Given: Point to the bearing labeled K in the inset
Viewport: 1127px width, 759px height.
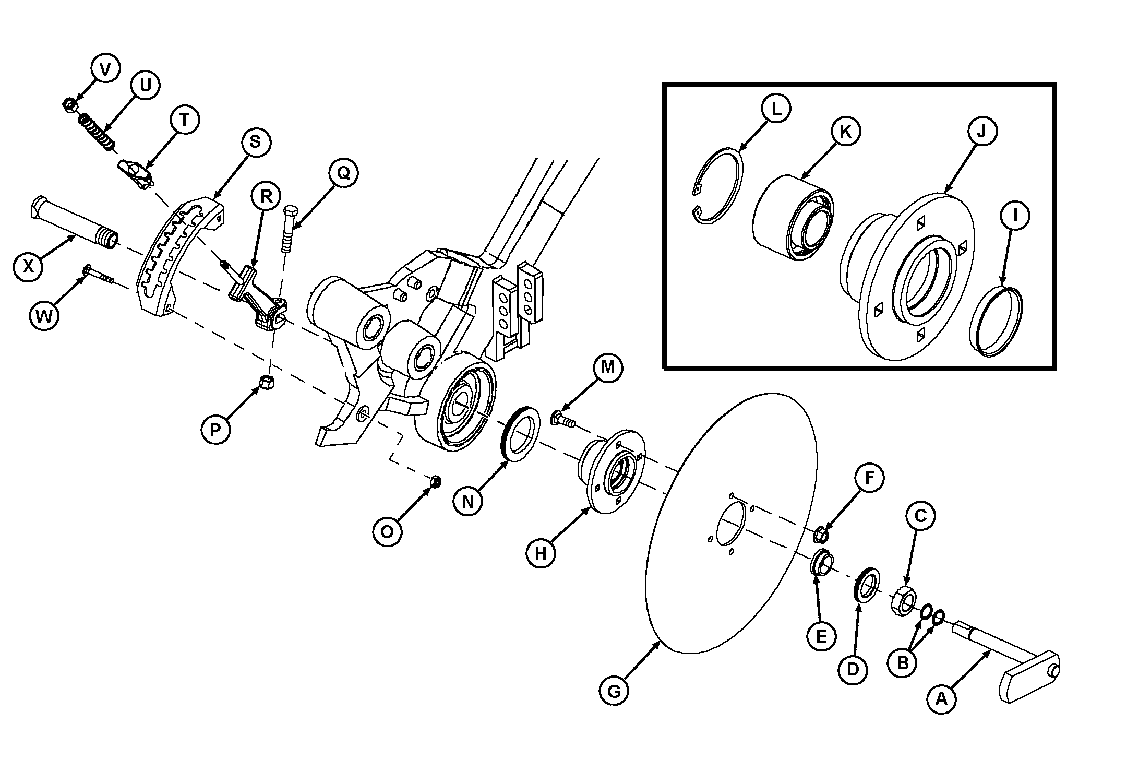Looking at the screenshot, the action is coord(792,219).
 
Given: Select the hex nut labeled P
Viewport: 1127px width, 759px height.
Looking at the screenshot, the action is coord(267,383).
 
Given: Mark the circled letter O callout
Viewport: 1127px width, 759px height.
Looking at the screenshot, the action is coord(388,531).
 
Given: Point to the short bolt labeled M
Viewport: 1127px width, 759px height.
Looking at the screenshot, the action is coord(562,419).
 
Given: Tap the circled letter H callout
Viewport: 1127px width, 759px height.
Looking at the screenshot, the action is coord(541,553).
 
